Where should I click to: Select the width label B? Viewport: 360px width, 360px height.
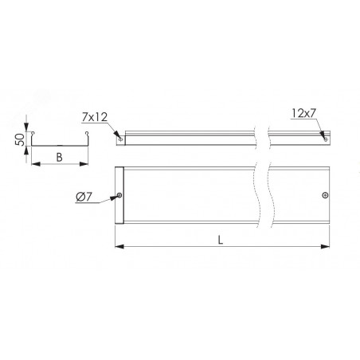click(59, 158)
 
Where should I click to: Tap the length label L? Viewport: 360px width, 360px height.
click(220, 240)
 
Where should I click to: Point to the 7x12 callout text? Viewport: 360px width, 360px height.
click(95, 117)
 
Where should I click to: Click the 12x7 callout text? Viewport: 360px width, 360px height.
click(303, 113)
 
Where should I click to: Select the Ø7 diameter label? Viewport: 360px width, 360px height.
click(84, 197)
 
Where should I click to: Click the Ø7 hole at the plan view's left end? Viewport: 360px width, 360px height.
click(119, 195)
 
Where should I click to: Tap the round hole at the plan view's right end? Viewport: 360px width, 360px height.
click(325, 195)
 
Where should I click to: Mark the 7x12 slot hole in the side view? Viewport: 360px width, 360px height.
click(121, 139)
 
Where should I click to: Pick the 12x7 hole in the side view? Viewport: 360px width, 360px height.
click(326, 139)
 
